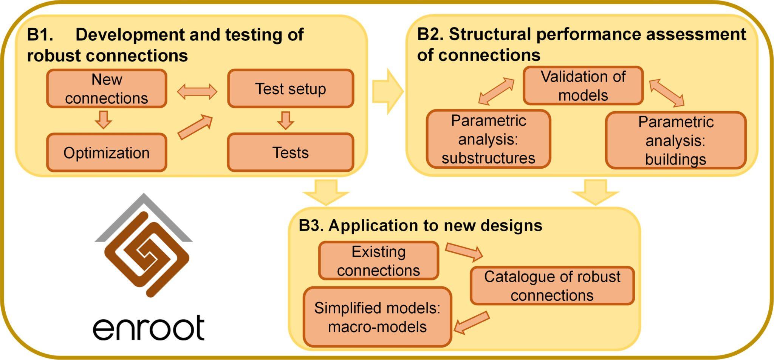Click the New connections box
tap(107, 89)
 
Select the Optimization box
tap(107, 152)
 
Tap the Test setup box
tap(290, 89)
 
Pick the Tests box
tap(290, 152)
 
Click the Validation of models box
tap(583, 86)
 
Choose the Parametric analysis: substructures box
tap(488, 139)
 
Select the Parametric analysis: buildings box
tap(675, 140)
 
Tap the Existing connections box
tap(378, 261)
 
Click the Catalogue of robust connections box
tap(552, 286)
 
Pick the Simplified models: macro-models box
tap(377, 317)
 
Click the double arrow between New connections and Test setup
tap(197, 92)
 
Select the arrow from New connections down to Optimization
tap(103, 120)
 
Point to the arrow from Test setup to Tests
tap(285, 120)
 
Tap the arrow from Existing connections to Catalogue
tap(464, 252)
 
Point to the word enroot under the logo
tap(149, 328)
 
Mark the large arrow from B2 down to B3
tap(595, 192)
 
